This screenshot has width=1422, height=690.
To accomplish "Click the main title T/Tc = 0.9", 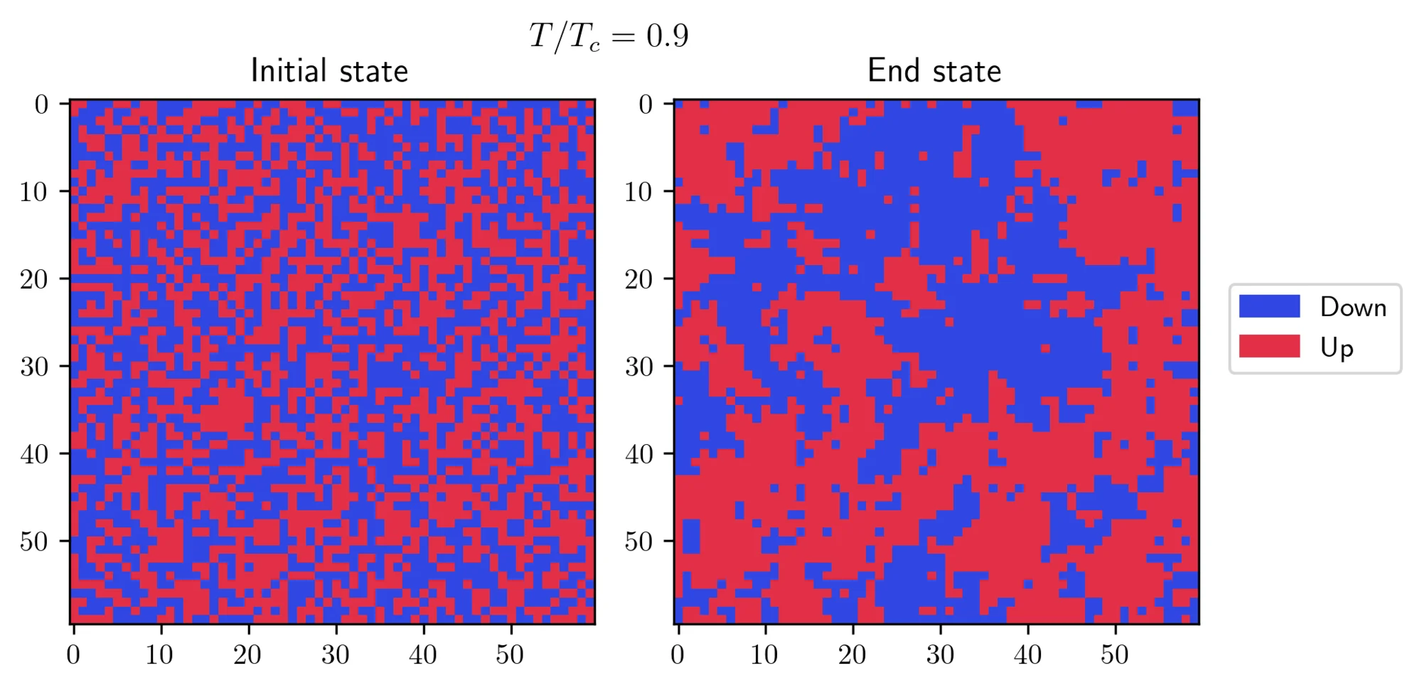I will point(609,36).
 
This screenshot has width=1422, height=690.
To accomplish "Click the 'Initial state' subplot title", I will point(329,71).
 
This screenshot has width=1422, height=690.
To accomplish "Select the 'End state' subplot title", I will point(934,71).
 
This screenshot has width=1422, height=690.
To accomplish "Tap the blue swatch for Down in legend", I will point(1269,306).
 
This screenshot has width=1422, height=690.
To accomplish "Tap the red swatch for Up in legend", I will point(1269,347).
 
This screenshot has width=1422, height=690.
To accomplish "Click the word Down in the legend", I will point(1353,307).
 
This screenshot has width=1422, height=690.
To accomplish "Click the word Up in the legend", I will point(1337,347).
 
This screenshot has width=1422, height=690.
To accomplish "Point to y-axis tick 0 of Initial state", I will point(42,104).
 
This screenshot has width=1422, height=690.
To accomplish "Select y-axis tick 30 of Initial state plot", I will point(34,367).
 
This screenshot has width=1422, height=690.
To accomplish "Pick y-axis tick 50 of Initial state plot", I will point(34,541).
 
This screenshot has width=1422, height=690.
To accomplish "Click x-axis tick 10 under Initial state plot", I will point(159,654).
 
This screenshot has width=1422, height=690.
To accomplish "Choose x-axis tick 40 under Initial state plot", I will point(423,654).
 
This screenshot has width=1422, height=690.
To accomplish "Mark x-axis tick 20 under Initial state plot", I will point(247,654).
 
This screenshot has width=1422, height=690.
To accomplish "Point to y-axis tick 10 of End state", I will point(638,192).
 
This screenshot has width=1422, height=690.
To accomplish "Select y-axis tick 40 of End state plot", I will point(638,454).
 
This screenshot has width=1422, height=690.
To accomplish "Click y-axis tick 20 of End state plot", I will point(638,279).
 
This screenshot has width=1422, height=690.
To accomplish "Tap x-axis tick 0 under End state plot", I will point(678,654).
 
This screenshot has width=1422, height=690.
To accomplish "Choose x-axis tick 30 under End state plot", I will point(940,654).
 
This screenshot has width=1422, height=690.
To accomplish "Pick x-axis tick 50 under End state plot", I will point(1115,654).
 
